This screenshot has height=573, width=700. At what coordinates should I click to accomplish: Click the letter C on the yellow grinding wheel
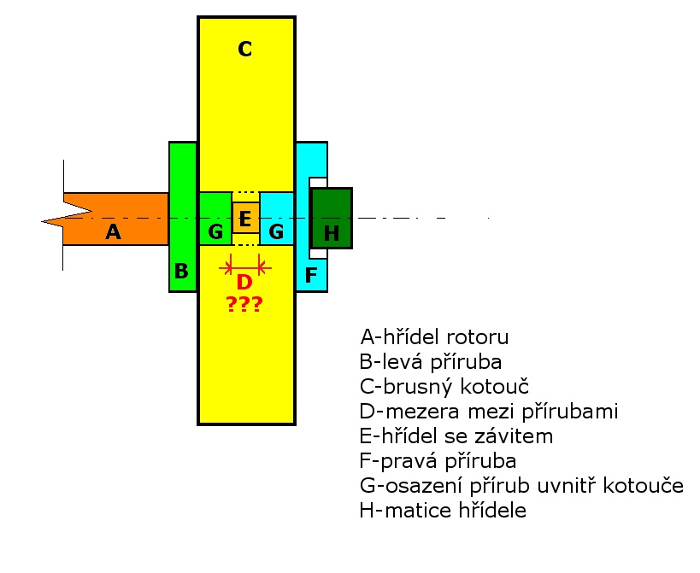245,49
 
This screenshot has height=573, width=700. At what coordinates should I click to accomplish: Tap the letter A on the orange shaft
114,232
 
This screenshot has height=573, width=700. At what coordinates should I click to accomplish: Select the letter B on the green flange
181,271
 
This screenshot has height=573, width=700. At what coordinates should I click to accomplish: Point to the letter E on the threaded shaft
244,219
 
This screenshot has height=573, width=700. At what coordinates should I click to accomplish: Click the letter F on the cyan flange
311,275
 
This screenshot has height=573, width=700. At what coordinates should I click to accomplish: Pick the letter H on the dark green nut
332,233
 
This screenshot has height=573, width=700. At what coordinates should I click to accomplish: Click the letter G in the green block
215,232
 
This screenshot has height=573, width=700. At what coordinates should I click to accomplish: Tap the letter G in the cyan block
276,232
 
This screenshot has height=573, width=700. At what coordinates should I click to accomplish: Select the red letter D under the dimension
244,282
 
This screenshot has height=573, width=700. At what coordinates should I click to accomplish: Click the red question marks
244,304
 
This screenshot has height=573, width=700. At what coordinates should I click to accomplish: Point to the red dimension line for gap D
245,268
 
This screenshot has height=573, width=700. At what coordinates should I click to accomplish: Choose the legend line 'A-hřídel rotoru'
434,337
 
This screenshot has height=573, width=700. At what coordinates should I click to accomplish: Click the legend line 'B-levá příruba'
431,362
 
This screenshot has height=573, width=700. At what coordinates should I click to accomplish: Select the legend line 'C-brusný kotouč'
444,387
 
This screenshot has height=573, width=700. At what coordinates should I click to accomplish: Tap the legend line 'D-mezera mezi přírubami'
489,412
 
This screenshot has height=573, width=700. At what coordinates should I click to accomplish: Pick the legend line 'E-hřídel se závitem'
456,436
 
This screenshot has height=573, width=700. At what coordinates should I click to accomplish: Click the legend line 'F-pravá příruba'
438,461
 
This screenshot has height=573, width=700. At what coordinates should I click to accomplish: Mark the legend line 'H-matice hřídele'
443,511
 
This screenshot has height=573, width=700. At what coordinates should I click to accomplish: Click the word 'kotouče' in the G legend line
644,486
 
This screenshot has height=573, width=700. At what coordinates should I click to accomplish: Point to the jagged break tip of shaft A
42,220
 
